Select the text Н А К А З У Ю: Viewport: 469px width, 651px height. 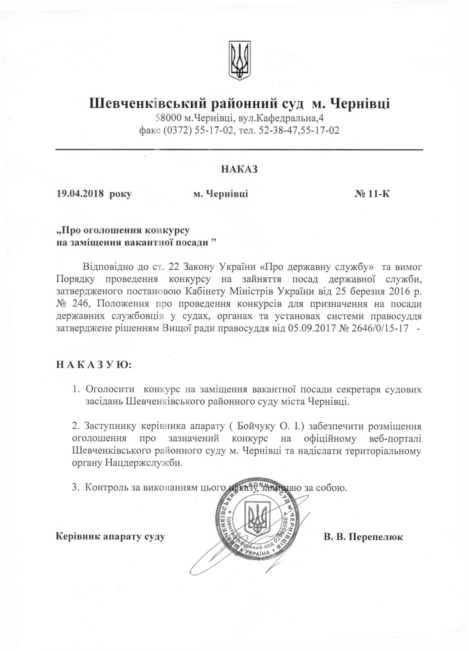tap(94, 365)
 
